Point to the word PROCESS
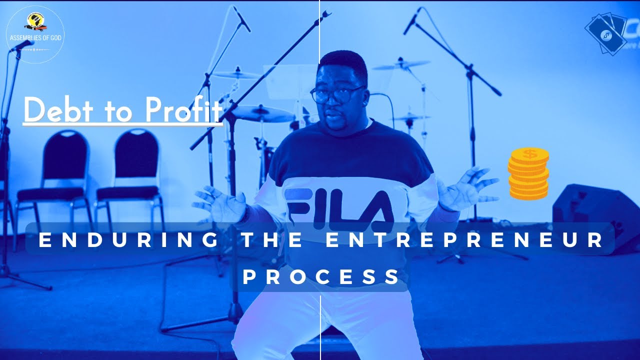[x=321, y=276]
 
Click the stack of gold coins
[x=528, y=173]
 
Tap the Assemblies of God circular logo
[x=34, y=34]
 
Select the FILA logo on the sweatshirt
[x=338, y=205]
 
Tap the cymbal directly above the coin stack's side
[x=401, y=64]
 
